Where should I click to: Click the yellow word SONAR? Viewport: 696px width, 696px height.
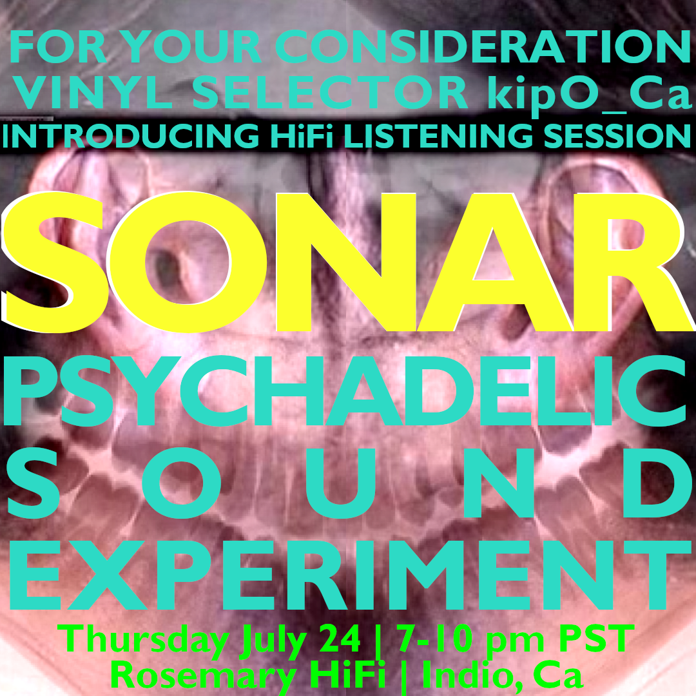tap(348, 262)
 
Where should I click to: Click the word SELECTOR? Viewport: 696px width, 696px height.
tap(330, 93)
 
